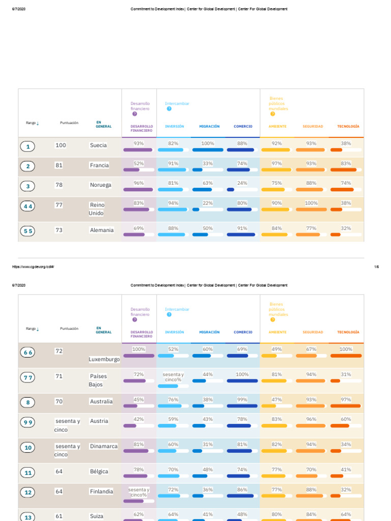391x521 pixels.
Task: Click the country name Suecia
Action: [98, 146]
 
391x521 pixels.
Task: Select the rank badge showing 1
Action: [28, 147]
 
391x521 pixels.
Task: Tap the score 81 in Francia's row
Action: [59, 165]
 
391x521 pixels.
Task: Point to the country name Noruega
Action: [100, 185]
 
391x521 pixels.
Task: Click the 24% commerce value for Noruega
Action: [242, 183]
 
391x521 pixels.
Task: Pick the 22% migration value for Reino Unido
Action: [208, 203]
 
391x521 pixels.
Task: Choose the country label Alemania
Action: [102, 230]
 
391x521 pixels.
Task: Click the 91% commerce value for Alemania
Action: [242, 228]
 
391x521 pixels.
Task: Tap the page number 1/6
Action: [376, 267]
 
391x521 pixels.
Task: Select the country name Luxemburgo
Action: [104, 359]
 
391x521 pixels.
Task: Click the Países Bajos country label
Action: [98, 380]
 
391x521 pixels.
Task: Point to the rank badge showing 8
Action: [28, 402]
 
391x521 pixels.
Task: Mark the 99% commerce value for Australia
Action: [242, 399]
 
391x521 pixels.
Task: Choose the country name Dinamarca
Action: [104, 446]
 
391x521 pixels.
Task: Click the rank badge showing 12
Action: [28, 493]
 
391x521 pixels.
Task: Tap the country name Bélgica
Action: [99, 472]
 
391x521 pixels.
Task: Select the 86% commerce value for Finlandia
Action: [242, 489]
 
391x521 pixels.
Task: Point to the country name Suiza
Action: [97, 516]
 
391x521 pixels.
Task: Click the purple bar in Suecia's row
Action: [137, 150]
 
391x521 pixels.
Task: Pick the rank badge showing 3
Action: [28, 186]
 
